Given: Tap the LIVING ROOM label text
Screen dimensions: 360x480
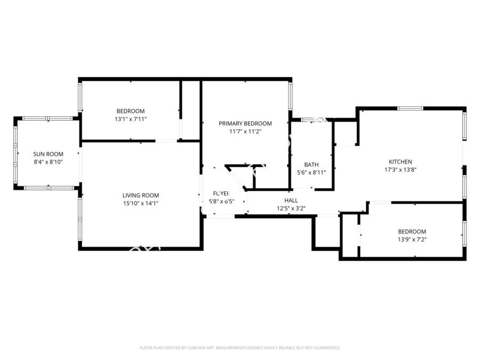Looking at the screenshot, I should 141,195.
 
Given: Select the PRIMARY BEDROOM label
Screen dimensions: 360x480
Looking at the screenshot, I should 245,124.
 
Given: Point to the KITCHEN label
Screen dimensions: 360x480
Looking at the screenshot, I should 400,162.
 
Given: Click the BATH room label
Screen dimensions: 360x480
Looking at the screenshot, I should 311,165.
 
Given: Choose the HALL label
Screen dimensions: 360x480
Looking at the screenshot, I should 291,201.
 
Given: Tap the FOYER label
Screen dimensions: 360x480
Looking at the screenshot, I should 221,193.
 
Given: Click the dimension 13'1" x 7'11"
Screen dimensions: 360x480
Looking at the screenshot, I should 131,119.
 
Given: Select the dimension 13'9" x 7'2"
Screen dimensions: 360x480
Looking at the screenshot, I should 412,239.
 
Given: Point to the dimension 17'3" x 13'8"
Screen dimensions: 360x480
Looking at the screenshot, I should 400,170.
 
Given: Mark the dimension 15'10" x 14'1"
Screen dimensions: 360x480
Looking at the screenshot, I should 141,203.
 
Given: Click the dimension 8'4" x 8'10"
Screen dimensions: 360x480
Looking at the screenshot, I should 48,162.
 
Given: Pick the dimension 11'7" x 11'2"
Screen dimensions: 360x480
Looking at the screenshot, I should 245,132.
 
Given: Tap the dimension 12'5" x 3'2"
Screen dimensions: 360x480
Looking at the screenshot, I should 291,209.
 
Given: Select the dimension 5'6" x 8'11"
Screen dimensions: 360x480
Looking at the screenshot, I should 311,173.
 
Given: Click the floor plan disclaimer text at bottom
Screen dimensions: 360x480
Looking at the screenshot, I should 240,348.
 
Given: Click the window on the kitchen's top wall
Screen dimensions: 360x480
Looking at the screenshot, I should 410,108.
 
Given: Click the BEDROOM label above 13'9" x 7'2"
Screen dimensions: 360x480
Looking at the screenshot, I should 412,231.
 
